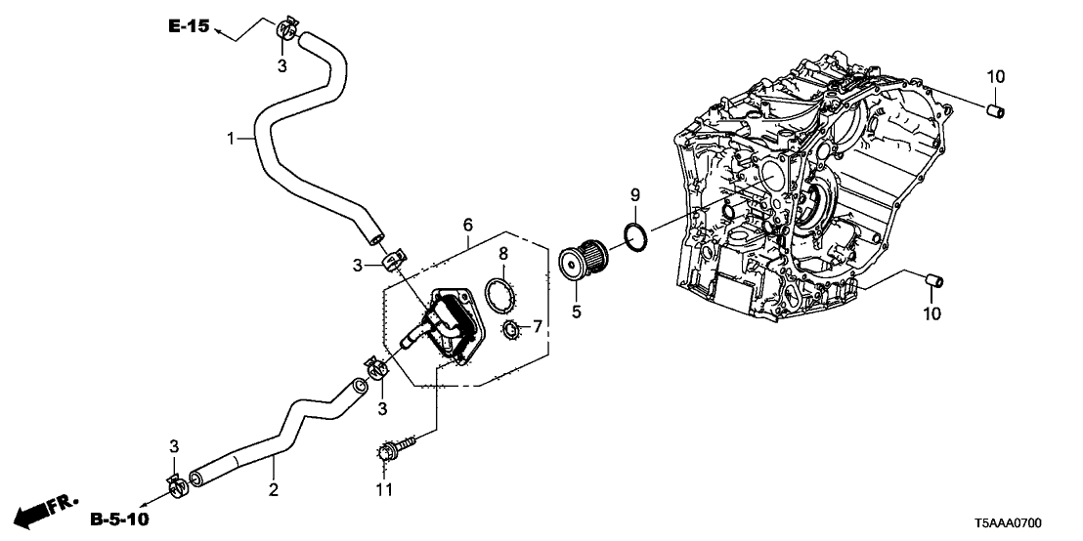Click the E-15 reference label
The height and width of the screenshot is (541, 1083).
[189, 27]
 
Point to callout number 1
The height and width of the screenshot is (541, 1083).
[232, 140]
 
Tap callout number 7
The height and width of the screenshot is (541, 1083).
[538, 326]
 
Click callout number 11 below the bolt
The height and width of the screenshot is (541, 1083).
[384, 488]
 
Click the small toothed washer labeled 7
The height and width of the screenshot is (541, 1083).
[509, 333]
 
